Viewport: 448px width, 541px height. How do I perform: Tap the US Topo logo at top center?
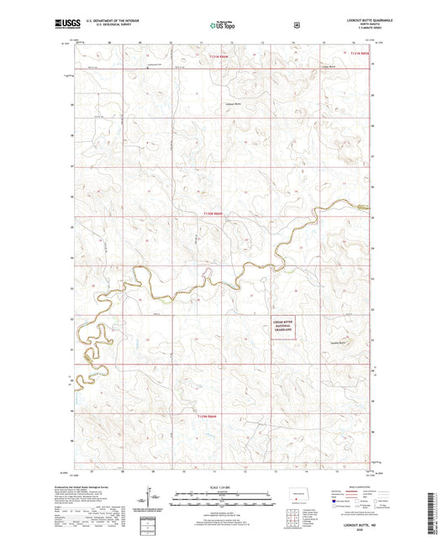click(221, 26)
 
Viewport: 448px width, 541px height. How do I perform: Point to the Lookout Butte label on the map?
click(233, 105)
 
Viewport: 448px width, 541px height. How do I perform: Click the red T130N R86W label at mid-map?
click(213, 214)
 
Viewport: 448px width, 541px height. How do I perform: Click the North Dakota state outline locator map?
click(297, 495)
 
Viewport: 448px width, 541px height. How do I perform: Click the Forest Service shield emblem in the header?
click(294, 25)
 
